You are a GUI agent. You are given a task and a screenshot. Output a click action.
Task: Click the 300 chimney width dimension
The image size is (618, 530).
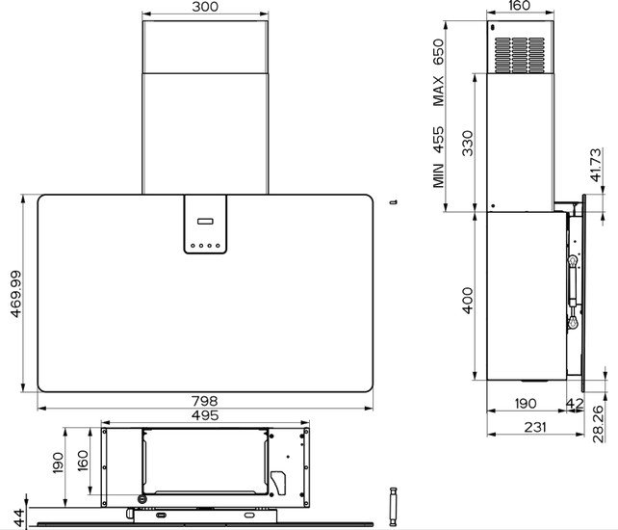(205, 7)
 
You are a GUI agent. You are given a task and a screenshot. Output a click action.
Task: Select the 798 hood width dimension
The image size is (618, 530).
(205, 401)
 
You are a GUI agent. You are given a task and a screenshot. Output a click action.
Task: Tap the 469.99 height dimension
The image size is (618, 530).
(16, 294)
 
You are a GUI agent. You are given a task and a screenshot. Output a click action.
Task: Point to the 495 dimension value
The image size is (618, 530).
(205, 415)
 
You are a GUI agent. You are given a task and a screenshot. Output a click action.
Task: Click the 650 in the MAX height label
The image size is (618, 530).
(438, 52)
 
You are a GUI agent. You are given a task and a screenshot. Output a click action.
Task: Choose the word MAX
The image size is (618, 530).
(438, 92)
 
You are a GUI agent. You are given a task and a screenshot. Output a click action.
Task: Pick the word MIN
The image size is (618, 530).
(438, 175)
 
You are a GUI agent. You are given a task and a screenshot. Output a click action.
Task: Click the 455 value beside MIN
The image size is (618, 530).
(438, 140)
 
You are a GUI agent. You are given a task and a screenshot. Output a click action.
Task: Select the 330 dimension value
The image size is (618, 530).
(468, 144)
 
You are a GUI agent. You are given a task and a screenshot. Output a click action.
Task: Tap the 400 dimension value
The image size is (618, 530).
(468, 301)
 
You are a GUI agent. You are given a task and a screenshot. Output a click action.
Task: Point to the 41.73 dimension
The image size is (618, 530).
(596, 165)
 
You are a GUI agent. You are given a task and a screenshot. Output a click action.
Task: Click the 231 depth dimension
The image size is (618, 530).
(535, 427)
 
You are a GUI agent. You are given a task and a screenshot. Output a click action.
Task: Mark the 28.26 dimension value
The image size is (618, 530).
(598, 424)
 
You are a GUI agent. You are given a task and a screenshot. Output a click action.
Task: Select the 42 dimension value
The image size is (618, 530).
(575, 404)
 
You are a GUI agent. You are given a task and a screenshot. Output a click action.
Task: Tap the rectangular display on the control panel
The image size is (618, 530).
(205, 221)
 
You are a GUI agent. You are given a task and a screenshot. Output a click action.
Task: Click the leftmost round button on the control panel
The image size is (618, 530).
(193, 246)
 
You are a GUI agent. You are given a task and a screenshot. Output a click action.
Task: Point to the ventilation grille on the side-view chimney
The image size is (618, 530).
(520, 55)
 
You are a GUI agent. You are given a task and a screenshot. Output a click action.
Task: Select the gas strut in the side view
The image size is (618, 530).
(573, 292)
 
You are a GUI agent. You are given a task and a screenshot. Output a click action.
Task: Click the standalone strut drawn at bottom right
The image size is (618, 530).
(393, 507)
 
